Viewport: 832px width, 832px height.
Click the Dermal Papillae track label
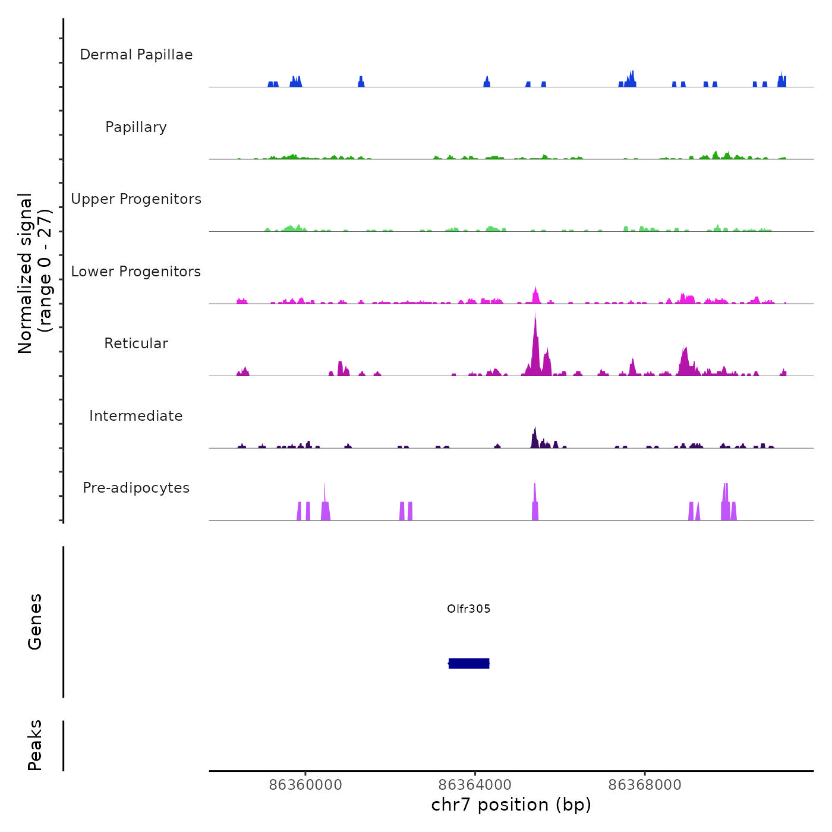click(136, 55)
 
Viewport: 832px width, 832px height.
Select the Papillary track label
click(136, 127)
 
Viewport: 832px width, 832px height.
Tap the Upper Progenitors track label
click(136, 199)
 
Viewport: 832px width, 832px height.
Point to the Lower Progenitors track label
click(136, 272)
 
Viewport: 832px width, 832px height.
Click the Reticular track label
click(136, 343)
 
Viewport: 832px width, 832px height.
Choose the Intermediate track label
click(136, 416)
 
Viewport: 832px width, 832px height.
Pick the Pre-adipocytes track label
click(136, 488)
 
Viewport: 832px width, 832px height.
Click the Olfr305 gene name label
click(469, 609)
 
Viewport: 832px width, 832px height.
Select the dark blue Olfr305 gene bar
click(469, 663)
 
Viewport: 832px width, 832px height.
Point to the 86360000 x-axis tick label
click(305, 785)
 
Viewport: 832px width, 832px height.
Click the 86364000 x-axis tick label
click(475, 785)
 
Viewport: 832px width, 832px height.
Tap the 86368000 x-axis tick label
click(645, 785)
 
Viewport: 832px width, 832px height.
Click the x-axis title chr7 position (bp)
click(511, 805)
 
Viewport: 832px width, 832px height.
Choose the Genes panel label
click(35, 622)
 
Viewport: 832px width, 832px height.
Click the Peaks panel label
click(35, 745)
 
